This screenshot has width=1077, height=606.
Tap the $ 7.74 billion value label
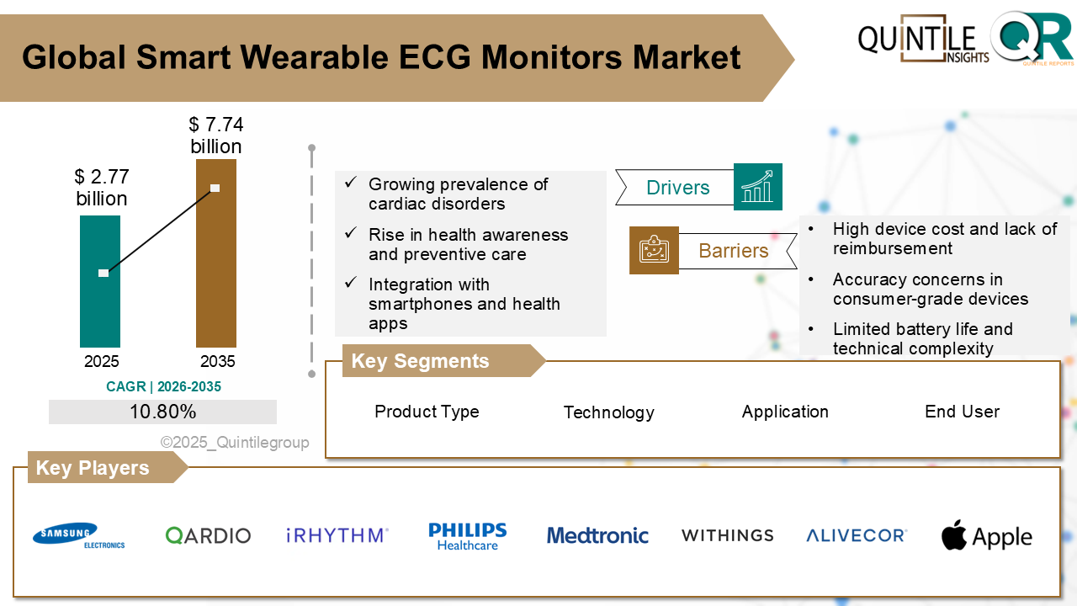215,136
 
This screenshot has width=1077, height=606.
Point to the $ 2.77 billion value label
101,188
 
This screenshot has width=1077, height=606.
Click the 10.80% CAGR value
162,412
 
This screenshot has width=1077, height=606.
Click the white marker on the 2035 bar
215,188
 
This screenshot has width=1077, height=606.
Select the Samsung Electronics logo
78,535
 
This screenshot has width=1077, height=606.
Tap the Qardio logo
208,535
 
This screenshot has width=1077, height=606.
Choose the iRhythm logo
337,535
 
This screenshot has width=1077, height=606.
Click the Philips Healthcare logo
468,536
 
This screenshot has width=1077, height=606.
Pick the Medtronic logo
597,535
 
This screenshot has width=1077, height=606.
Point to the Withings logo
727,535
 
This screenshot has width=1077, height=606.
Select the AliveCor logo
856,535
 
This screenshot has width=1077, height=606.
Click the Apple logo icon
954,535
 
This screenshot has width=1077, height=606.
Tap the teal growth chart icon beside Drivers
757,187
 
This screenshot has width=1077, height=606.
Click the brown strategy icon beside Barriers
654,250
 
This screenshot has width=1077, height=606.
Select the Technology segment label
608,412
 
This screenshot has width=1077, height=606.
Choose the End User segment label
962,412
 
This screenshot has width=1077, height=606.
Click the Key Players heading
93,468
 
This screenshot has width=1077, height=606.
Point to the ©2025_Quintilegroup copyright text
235,443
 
